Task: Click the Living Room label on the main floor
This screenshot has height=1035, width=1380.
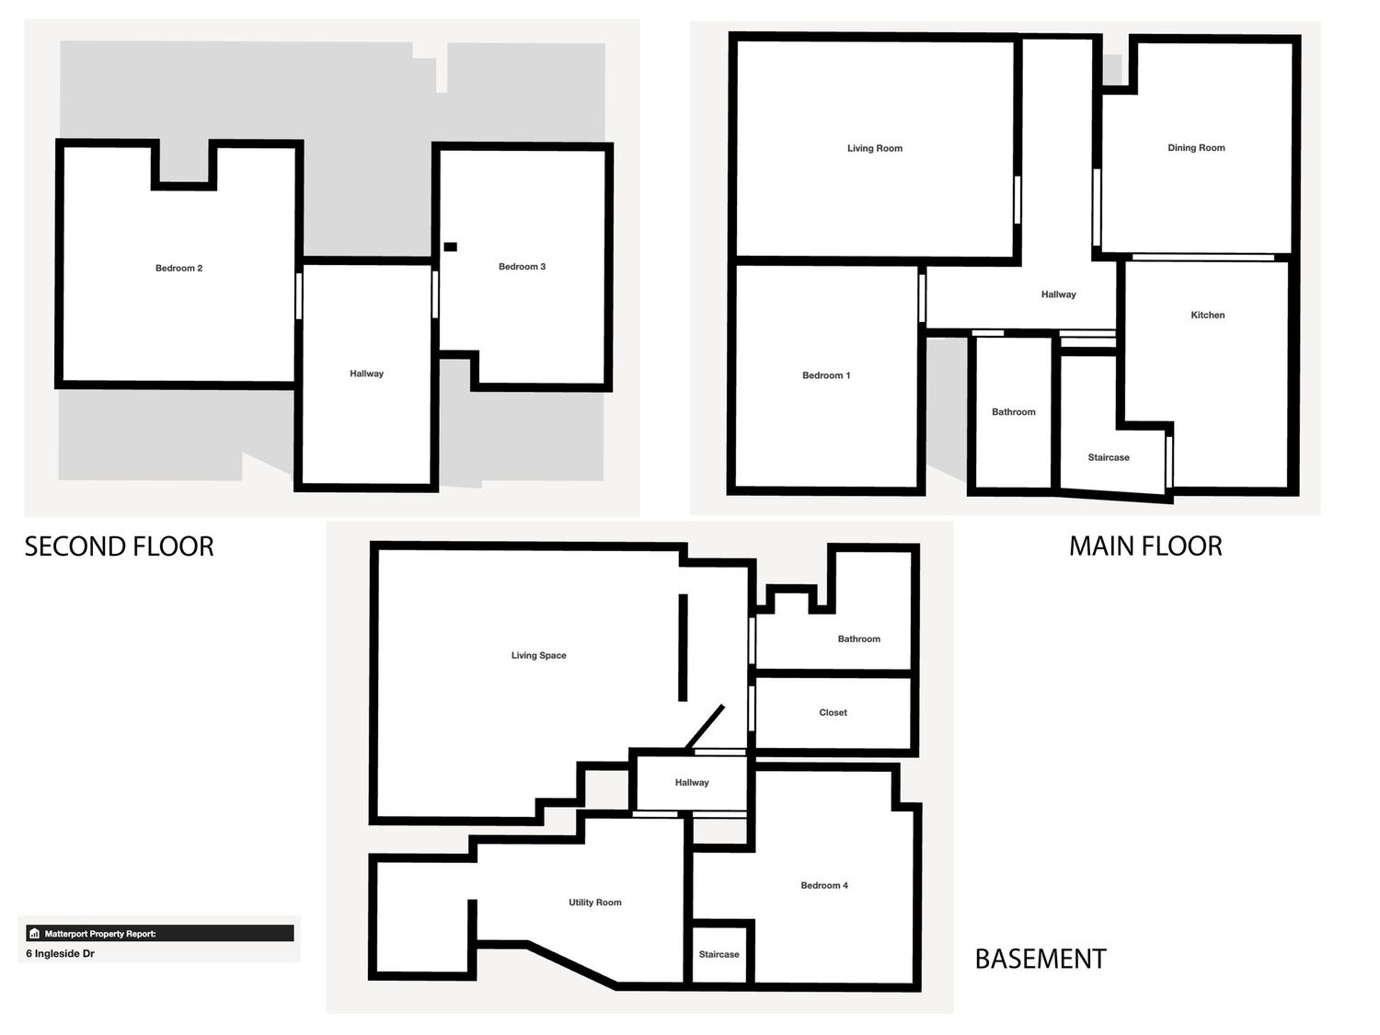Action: click(875, 148)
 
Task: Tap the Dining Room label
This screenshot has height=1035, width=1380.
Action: click(1196, 148)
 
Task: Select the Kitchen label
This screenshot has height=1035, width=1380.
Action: click(1207, 315)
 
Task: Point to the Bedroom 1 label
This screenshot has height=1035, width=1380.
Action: click(826, 375)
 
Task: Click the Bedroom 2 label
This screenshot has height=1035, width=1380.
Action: click(179, 268)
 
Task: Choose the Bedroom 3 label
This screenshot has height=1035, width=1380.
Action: click(522, 267)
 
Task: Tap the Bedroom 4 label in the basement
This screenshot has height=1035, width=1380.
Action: click(824, 885)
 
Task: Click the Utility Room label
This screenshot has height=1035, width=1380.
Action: click(594, 903)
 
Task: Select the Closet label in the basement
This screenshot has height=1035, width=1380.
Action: click(833, 713)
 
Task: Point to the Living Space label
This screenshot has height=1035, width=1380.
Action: click(539, 655)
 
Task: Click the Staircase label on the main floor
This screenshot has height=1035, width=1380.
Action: click(1109, 457)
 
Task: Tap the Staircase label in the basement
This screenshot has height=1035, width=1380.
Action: click(719, 954)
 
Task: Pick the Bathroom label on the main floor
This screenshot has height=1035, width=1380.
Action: click(1014, 411)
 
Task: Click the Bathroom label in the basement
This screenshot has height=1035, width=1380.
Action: click(858, 638)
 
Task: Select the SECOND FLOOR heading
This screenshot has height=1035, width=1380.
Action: click(119, 546)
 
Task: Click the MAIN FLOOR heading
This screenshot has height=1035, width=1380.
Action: click(1145, 546)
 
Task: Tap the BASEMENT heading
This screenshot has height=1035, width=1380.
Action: click(1041, 959)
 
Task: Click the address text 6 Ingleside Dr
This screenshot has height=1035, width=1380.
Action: click(61, 953)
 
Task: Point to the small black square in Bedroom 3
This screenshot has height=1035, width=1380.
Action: click(450, 247)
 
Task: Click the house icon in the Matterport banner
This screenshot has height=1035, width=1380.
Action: click(35, 933)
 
